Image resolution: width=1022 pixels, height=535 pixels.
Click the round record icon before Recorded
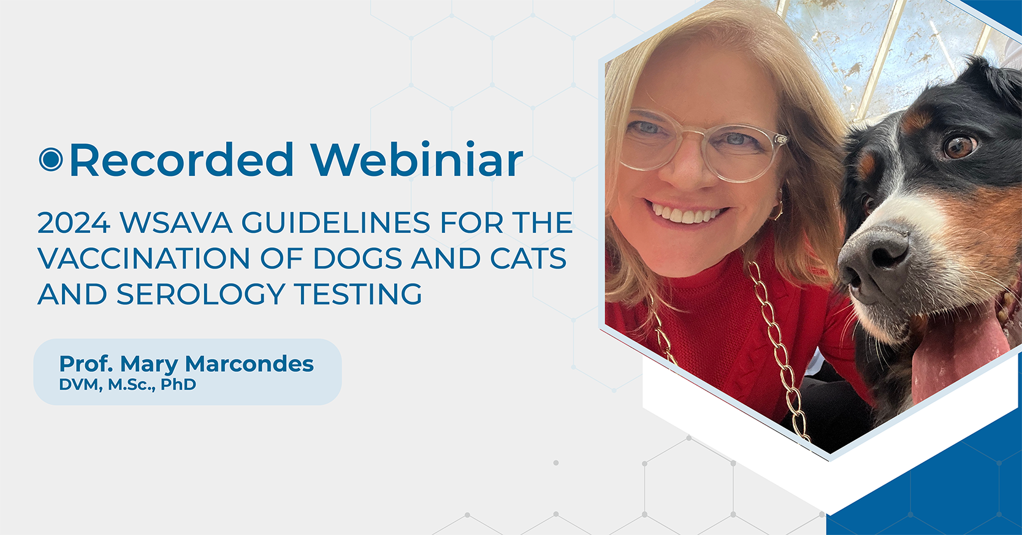click(51, 159)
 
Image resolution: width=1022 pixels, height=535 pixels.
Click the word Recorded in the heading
click(181, 159)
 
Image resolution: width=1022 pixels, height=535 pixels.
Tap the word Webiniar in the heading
click(416, 159)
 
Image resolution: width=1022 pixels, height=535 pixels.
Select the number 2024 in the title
click(74, 222)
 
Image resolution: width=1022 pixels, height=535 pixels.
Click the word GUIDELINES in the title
click(335, 222)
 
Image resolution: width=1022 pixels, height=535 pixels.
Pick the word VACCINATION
click(143, 258)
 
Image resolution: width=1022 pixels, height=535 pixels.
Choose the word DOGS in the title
click(357, 258)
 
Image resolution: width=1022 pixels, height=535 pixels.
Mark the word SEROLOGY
click(200, 294)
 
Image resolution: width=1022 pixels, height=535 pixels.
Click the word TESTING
click(358, 294)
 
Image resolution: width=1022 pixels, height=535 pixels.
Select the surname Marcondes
click(249, 364)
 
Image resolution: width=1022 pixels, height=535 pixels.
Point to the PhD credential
click(178, 384)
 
